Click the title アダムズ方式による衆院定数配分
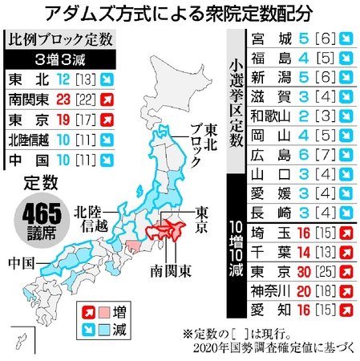click(180, 14)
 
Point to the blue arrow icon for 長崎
click(346, 211)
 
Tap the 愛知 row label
click(269, 309)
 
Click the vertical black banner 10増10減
click(238, 246)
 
